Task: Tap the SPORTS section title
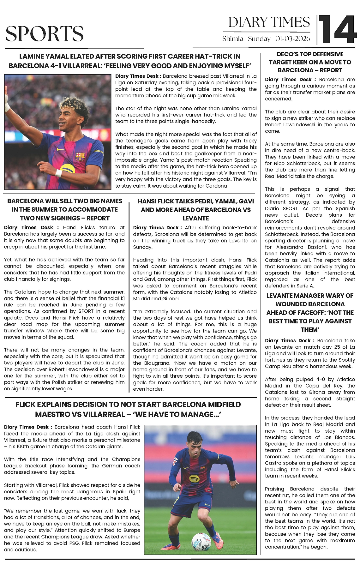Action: [45, 33]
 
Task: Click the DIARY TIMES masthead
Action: [269, 22]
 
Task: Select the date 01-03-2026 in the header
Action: [292, 39]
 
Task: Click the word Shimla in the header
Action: [233, 39]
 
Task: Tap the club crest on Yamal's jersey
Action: [80, 157]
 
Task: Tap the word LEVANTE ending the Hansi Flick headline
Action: [196, 218]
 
